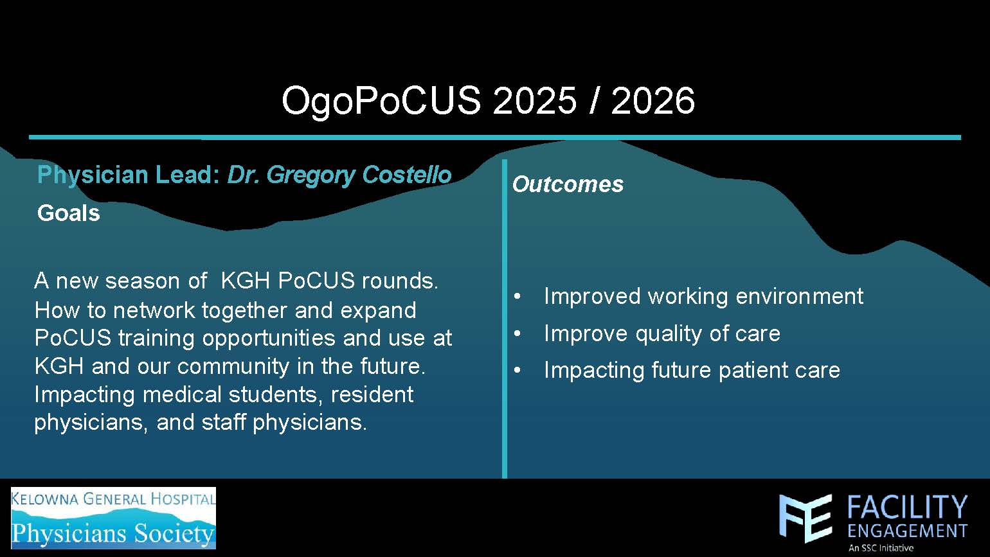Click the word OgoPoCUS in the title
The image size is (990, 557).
click(x=381, y=102)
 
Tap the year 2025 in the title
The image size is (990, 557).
click(x=535, y=100)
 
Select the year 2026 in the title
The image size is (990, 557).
click(x=652, y=100)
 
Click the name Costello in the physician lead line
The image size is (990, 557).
click(x=406, y=175)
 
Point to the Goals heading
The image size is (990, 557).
click(x=69, y=213)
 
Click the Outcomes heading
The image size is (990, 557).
click(x=568, y=184)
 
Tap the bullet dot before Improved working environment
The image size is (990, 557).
click(x=517, y=297)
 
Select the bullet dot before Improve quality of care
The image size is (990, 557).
click(x=517, y=334)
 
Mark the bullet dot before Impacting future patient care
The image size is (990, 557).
click(x=517, y=371)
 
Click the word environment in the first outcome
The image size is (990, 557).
click(x=799, y=296)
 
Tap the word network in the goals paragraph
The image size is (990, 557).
click(x=154, y=310)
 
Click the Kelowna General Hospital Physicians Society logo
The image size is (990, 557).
click(x=114, y=518)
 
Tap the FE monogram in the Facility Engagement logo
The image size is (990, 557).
click(x=806, y=518)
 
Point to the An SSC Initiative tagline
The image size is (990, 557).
click(x=881, y=548)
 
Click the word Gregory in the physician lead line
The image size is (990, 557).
click(x=310, y=175)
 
